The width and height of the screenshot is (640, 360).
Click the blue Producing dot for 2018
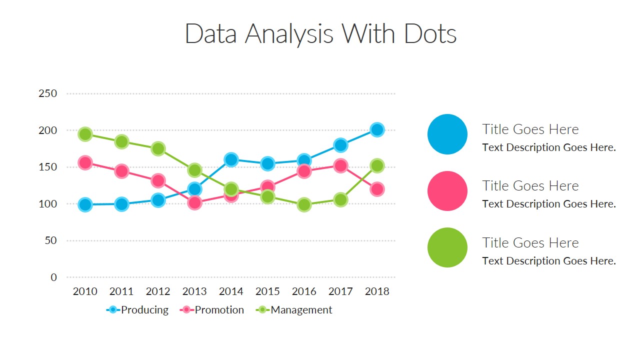pos(377,130)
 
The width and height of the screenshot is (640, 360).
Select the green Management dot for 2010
pos(85,134)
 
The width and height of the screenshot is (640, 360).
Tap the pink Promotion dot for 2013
pos(194,202)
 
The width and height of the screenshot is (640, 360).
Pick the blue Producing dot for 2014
pos(231,160)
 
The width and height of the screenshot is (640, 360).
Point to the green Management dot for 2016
pos(304,204)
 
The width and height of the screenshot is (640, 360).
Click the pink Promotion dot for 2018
pos(377,189)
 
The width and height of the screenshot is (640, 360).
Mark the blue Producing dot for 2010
pos(85,204)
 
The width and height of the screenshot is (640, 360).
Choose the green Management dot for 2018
pos(377,166)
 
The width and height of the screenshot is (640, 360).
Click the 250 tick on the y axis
pos(47,93)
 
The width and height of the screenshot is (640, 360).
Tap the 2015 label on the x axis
pos(267,291)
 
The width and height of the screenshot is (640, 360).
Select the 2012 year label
pos(158,291)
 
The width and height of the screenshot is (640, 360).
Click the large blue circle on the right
pos(447,134)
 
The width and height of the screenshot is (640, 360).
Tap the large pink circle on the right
pos(447,191)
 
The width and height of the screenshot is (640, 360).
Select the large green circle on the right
pos(447,247)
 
